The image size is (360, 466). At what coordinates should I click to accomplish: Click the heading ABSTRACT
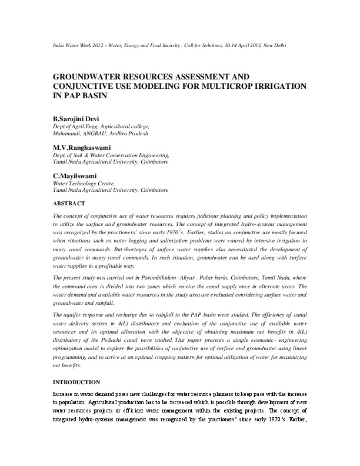pos(69,203)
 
